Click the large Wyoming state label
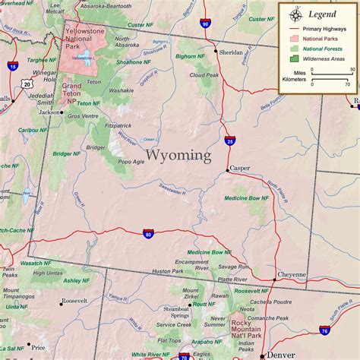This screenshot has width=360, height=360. click(x=178, y=155)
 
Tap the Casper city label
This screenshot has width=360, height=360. click(x=240, y=169)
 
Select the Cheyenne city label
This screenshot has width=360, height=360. click(x=292, y=275)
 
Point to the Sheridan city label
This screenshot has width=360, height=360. click(x=231, y=53)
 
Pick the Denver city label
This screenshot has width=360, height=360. click(x=282, y=355)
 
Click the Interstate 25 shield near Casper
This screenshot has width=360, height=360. click(x=229, y=141)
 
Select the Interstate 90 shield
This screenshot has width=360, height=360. click(x=206, y=24)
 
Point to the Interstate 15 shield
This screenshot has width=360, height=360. click(x=13, y=67)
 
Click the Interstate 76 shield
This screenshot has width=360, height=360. click(x=325, y=330)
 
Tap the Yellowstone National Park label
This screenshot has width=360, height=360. click(x=84, y=38)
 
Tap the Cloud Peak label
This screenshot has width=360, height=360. click(x=204, y=75)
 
